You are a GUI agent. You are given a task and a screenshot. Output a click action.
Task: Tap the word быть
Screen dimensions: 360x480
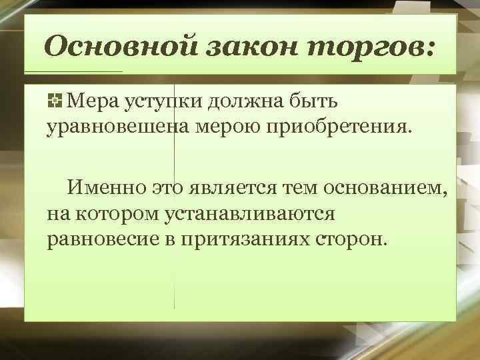tap(317, 101)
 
